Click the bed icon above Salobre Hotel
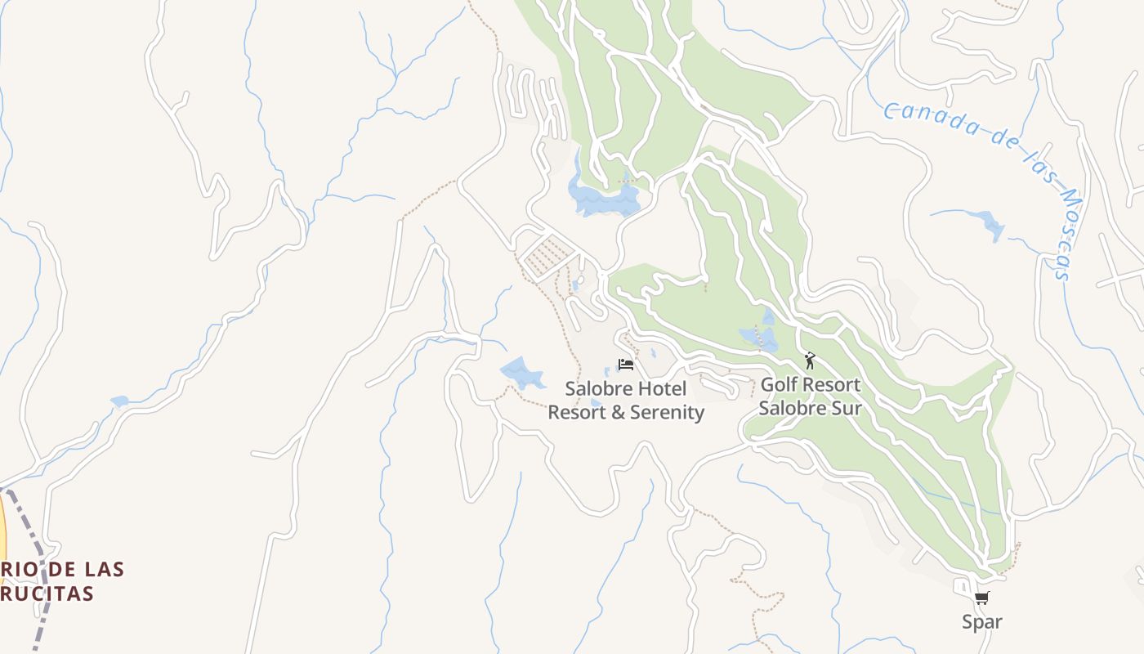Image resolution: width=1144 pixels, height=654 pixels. pos(626,365)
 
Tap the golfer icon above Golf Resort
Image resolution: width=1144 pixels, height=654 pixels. pos(810,361)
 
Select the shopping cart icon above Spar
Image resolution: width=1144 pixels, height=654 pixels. pos(981,598)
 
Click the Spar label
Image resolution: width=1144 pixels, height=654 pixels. pos(981,622)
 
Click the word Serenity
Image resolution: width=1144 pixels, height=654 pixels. pos(664,412)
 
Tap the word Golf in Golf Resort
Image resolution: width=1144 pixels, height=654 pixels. pos(779,384)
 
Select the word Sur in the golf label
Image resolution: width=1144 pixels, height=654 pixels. pos(846,407)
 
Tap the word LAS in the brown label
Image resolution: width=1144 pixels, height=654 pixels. pos(103,569)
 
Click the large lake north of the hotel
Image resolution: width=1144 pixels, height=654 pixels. pos(605,199)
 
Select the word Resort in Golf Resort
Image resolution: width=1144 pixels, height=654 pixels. pos(830,384)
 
